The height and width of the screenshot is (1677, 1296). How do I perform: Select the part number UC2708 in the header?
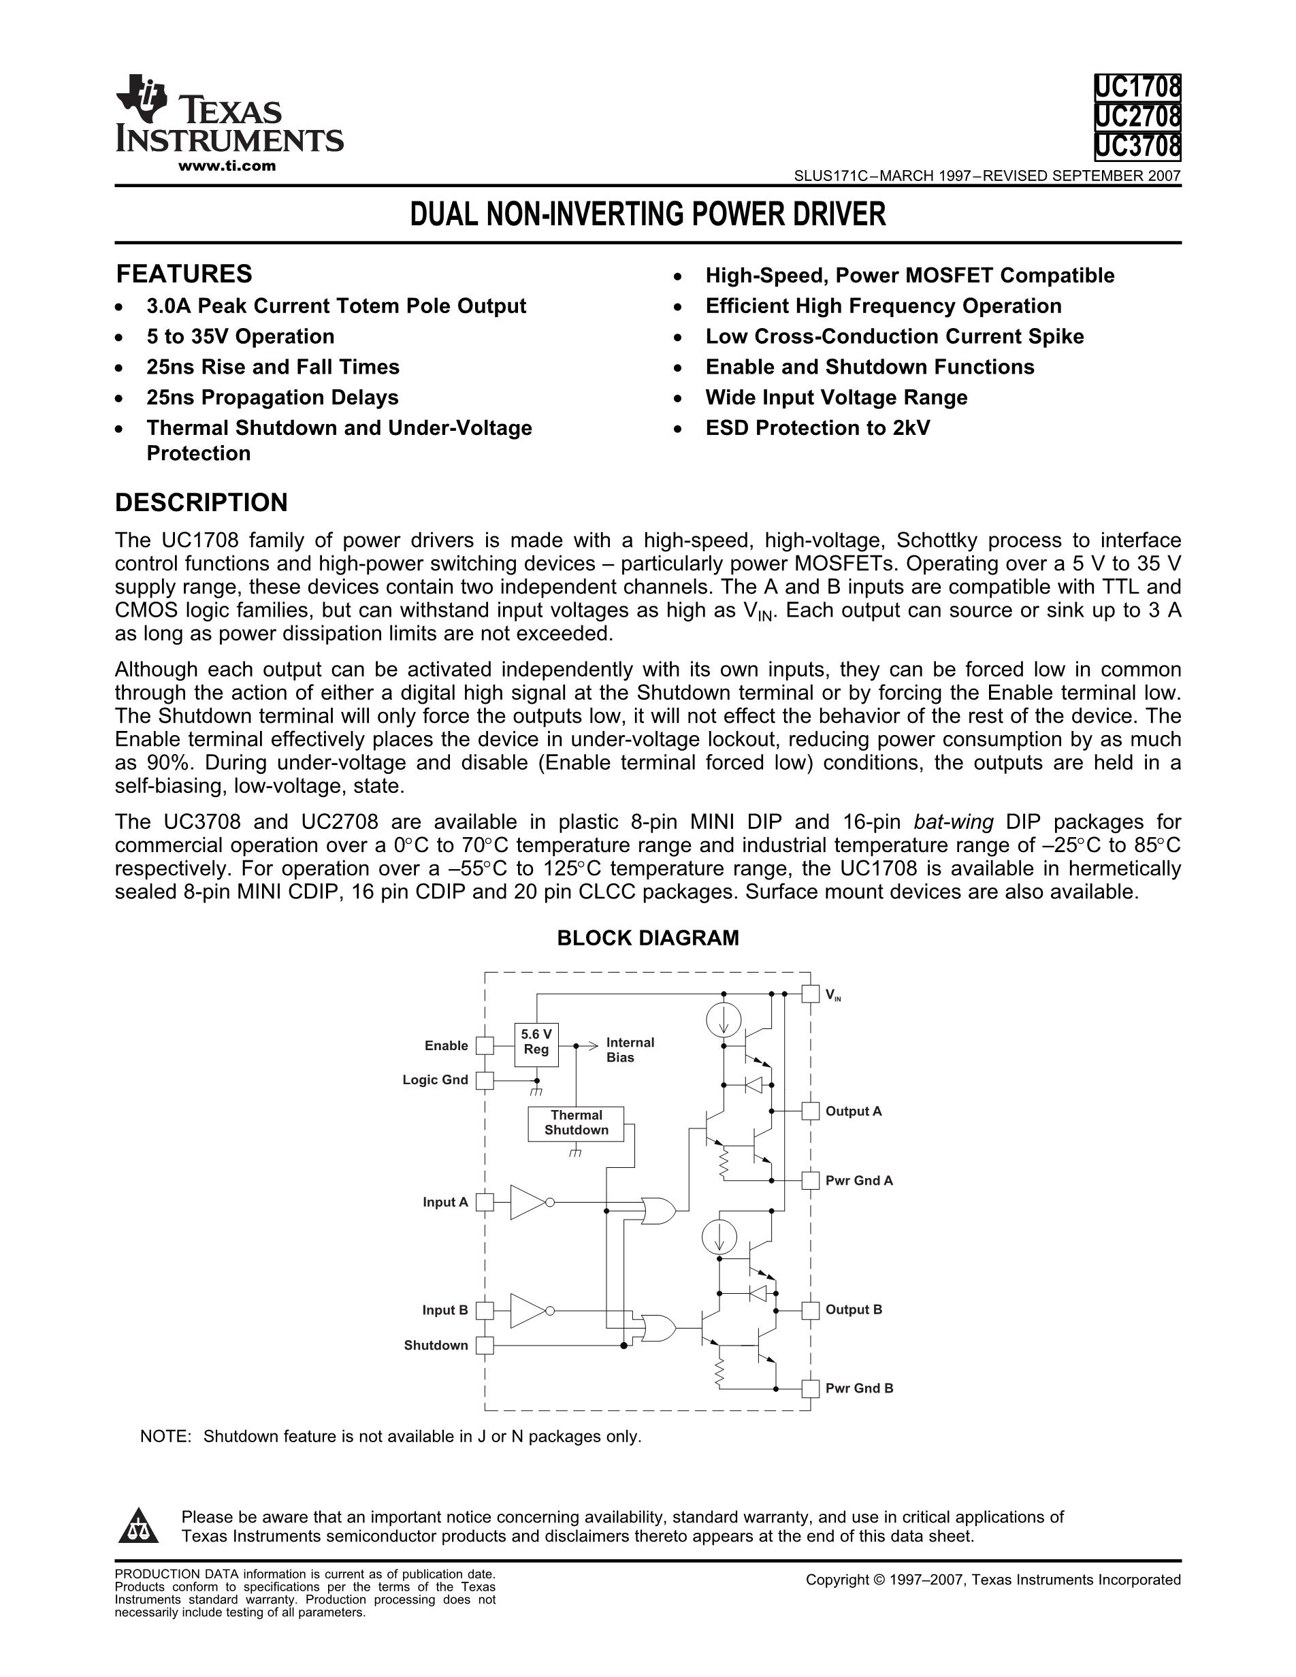[1137, 116]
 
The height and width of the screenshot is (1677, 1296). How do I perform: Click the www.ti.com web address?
[227, 166]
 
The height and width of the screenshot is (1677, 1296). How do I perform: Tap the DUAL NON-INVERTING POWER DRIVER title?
[648, 214]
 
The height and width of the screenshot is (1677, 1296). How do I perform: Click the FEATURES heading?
[184, 274]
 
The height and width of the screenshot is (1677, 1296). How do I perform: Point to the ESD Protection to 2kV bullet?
[817, 427]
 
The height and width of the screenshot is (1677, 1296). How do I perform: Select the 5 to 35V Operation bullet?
[240, 336]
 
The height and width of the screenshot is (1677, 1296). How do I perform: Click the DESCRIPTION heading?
[201, 503]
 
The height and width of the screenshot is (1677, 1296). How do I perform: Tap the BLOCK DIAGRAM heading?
[647, 938]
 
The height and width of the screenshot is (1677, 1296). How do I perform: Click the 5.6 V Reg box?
[536, 1044]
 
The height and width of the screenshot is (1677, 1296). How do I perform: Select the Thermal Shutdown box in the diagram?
[576, 1122]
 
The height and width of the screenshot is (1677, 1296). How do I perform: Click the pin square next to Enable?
[485, 1045]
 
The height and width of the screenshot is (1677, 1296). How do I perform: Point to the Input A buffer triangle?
[528, 1203]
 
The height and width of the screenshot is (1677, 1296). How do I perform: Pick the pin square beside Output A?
[810, 1111]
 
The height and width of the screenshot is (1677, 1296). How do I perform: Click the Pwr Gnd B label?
[859, 1388]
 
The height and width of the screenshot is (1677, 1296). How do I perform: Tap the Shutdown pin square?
[485, 1346]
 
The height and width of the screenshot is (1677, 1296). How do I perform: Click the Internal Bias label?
[630, 1049]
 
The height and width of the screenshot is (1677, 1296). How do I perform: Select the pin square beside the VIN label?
[810, 994]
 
